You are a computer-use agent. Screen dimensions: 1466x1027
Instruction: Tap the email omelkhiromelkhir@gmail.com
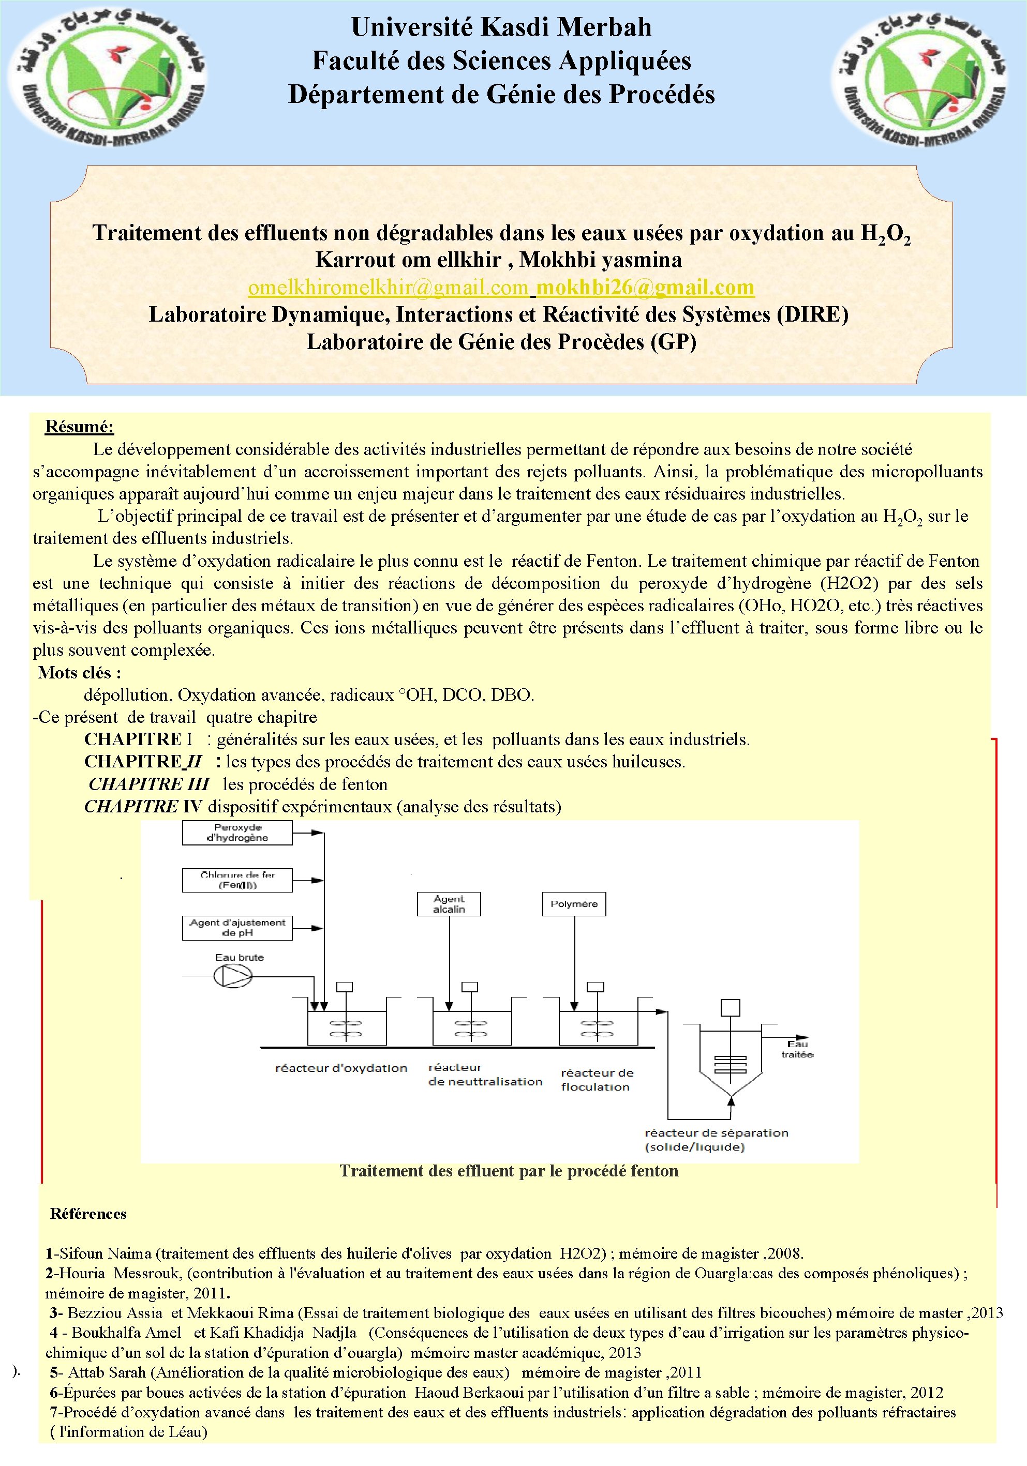tap(389, 288)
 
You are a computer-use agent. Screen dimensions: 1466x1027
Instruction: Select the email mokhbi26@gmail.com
tap(645, 288)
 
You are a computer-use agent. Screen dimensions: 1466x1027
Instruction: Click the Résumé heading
tap(79, 427)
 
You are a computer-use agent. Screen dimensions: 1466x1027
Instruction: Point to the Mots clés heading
tap(79, 672)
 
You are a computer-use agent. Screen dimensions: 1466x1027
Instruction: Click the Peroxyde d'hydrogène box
tap(237, 833)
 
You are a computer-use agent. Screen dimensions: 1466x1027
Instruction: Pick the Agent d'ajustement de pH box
tap(237, 928)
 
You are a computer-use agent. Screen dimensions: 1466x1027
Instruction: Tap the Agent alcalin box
tap(449, 904)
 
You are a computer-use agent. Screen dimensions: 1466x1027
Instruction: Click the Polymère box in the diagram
tap(574, 904)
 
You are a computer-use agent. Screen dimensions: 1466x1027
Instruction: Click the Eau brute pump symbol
tap(232, 976)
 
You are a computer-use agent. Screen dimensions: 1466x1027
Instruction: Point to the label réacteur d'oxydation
tap(341, 1068)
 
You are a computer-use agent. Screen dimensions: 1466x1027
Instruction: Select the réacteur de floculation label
tap(597, 1080)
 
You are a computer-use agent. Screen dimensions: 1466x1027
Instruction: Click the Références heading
tap(88, 1214)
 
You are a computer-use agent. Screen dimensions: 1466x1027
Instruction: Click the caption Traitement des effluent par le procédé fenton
tap(509, 1171)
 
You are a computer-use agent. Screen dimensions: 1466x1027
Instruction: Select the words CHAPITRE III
tap(149, 784)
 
